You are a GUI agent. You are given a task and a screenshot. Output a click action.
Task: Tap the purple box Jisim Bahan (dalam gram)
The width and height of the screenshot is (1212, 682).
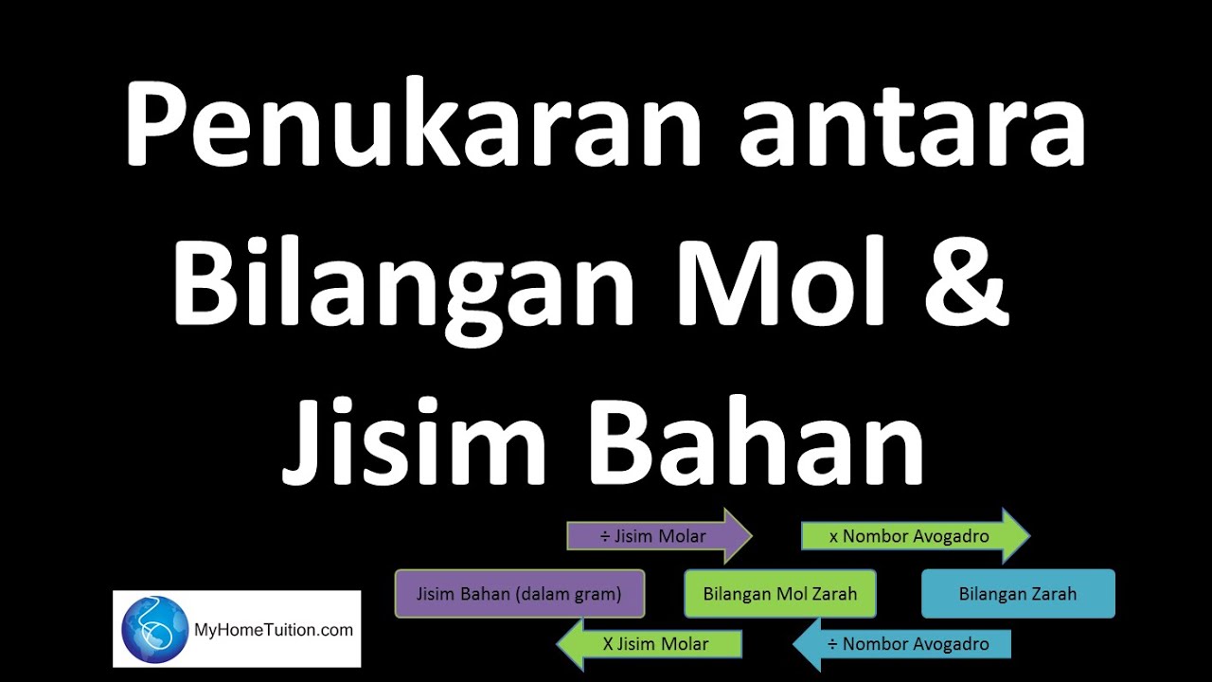click(x=519, y=594)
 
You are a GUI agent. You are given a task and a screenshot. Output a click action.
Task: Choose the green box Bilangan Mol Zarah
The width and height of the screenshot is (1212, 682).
click(x=779, y=594)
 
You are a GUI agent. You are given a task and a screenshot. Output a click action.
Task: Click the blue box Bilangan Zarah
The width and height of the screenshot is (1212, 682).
click(x=1018, y=594)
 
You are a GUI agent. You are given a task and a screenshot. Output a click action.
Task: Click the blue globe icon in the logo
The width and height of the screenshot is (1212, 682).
click(x=154, y=629)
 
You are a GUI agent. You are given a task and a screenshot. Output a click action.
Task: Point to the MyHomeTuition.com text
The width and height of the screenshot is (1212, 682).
click(x=273, y=629)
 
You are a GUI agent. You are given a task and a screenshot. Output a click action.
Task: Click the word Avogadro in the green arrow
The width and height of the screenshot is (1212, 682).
click(x=948, y=536)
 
